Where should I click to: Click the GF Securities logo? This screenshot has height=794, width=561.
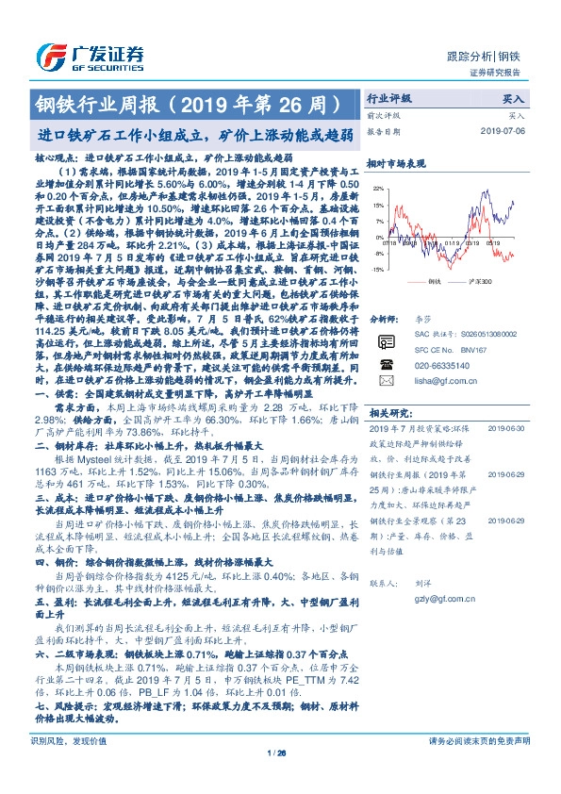[x=90, y=56]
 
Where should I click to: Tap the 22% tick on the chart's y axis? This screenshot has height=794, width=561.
[x=379, y=189]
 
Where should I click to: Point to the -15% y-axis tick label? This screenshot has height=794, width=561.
[x=379, y=269]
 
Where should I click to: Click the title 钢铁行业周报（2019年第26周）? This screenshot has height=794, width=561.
[x=187, y=101]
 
